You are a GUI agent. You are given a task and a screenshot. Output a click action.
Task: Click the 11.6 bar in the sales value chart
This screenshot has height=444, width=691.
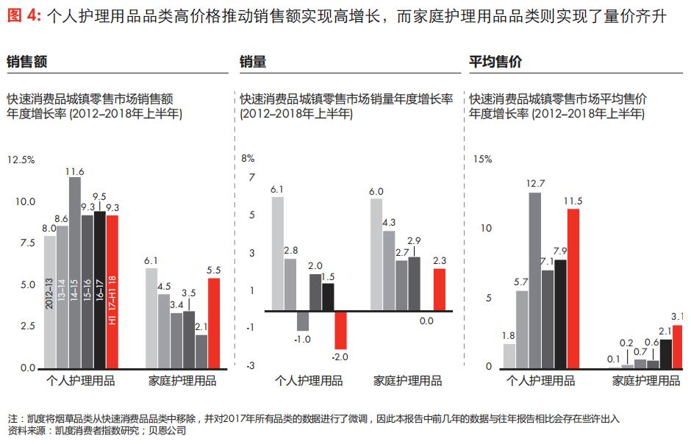75,272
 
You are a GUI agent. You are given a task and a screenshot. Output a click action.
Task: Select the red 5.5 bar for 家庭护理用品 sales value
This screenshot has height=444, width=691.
214,322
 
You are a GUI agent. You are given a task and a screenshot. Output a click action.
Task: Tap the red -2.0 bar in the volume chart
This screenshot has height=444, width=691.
340,329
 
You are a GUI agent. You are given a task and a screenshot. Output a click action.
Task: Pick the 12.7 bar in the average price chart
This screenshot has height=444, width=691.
535,279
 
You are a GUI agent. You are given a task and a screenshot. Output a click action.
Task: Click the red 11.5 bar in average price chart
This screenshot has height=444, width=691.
573,287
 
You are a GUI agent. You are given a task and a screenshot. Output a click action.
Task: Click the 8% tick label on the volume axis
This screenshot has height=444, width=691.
248,158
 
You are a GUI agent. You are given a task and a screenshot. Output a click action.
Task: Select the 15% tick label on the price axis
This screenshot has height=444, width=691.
482,159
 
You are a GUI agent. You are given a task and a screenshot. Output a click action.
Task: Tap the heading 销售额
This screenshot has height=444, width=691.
27,62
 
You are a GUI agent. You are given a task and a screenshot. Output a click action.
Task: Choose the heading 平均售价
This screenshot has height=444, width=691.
495,62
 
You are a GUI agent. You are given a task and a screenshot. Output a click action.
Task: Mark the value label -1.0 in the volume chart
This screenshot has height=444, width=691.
303,339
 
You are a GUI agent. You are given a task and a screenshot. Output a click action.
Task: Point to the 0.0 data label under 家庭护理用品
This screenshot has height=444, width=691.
426,321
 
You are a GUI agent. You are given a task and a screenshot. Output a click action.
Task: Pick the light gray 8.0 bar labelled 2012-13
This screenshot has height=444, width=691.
50,301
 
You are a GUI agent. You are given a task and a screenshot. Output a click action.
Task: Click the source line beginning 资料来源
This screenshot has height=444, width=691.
96,431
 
